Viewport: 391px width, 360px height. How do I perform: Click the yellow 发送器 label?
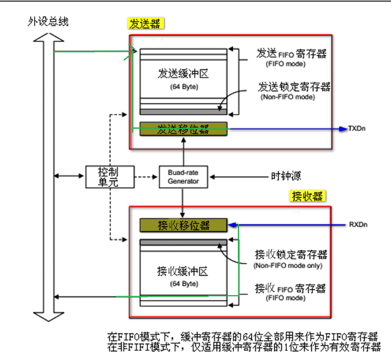tap(145, 24)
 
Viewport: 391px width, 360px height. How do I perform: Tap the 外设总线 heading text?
tap(48, 22)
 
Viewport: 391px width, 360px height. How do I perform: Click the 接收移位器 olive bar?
tap(184, 225)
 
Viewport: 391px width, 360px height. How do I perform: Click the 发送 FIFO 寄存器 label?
tap(291, 54)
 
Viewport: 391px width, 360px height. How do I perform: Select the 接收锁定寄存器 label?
tap(291, 254)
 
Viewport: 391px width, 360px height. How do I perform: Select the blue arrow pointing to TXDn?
tap(285, 129)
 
